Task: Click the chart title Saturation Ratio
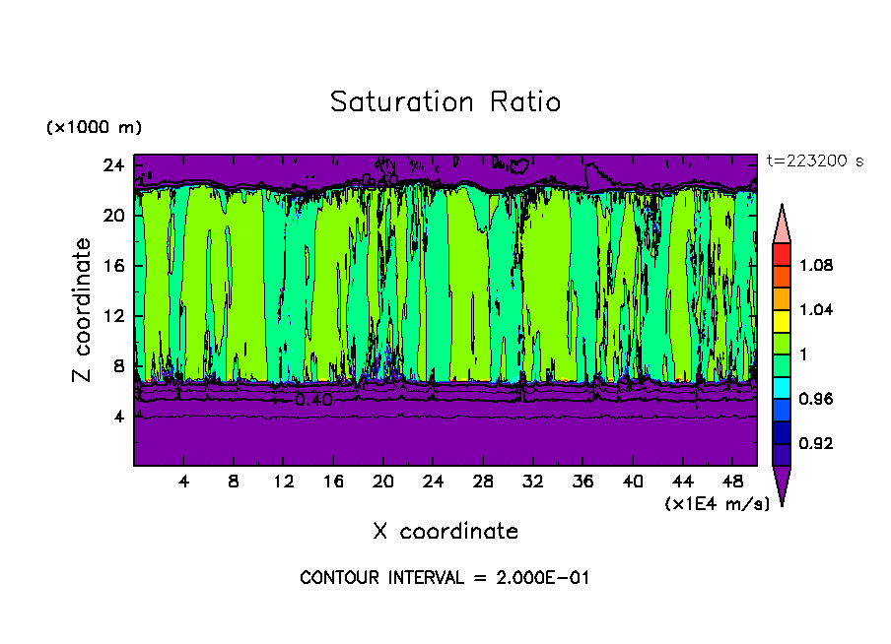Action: tap(445, 102)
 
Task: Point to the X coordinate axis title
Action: tap(445, 532)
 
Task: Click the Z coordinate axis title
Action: tap(84, 310)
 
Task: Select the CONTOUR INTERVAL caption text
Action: tap(445, 578)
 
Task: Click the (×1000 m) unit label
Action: tap(94, 128)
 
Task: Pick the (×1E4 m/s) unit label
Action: tap(717, 504)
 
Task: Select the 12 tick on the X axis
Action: tap(283, 483)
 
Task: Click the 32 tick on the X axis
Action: tap(533, 483)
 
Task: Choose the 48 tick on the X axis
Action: tap(733, 483)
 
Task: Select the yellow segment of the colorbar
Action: tap(782, 320)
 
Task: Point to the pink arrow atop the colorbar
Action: tap(782, 225)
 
